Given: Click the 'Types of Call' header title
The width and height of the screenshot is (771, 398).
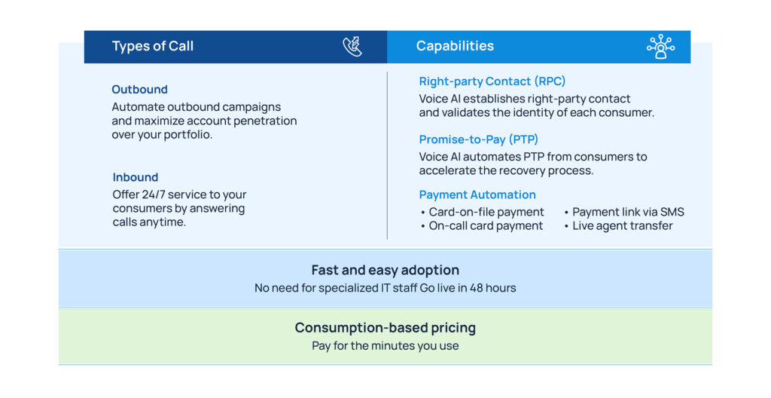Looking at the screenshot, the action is (152, 46).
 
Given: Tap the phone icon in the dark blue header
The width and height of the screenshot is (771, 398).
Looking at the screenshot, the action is (352, 47).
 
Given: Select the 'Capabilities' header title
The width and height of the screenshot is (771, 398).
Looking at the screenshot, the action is (455, 46).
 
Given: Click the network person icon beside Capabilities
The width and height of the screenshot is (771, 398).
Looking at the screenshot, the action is (660, 47).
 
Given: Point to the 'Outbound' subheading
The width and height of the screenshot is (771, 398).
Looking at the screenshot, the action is (139, 89).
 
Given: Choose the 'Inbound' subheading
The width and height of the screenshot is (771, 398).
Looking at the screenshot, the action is (136, 177).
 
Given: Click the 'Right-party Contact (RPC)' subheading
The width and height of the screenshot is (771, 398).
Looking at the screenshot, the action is (492, 81).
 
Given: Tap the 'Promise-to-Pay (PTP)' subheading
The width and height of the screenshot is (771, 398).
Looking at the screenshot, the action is (478, 139).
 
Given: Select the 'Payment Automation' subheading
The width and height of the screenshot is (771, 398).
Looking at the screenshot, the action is (477, 194).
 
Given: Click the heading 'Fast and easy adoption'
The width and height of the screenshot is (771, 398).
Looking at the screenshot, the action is (385, 270).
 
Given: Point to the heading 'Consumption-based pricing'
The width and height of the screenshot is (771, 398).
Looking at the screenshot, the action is (385, 328).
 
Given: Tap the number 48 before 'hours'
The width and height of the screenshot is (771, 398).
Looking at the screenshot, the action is (477, 288).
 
